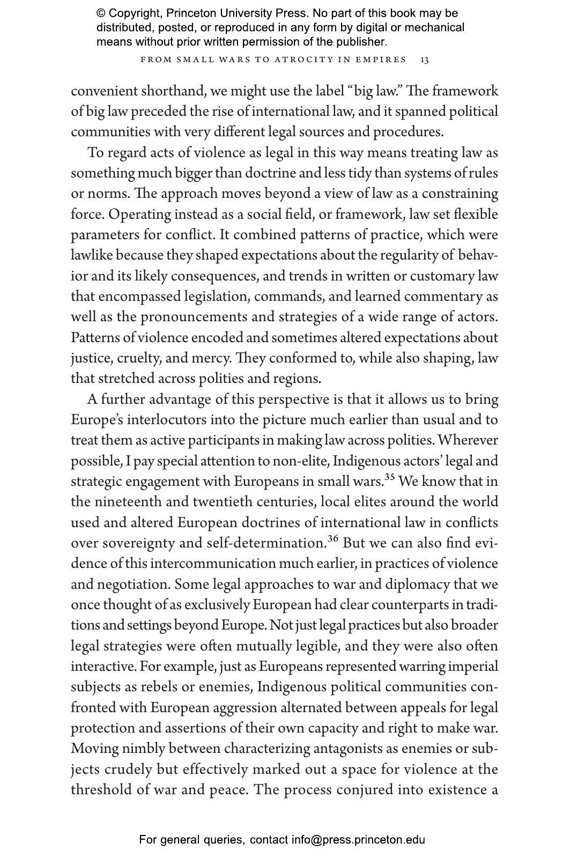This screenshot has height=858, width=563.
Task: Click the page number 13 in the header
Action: [424, 60]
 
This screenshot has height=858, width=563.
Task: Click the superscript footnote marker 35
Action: [390, 477]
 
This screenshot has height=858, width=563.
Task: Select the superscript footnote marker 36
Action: [334, 538]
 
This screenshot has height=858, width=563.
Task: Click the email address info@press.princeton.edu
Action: [358, 840]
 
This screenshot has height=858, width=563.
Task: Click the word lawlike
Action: [92, 255]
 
